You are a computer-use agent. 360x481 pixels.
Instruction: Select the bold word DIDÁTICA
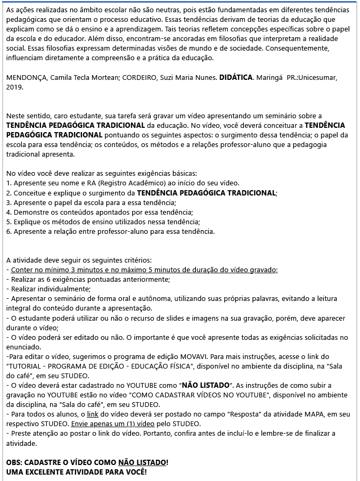[x=236, y=77]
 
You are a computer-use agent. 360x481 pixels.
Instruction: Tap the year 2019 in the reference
[x=15, y=87]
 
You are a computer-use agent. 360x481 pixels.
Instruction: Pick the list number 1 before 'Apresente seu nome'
[x=9, y=183]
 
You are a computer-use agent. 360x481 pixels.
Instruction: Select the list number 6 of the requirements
[x=9, y=231]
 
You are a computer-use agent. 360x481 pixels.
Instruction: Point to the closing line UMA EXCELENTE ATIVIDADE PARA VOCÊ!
[x=76, y=471]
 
